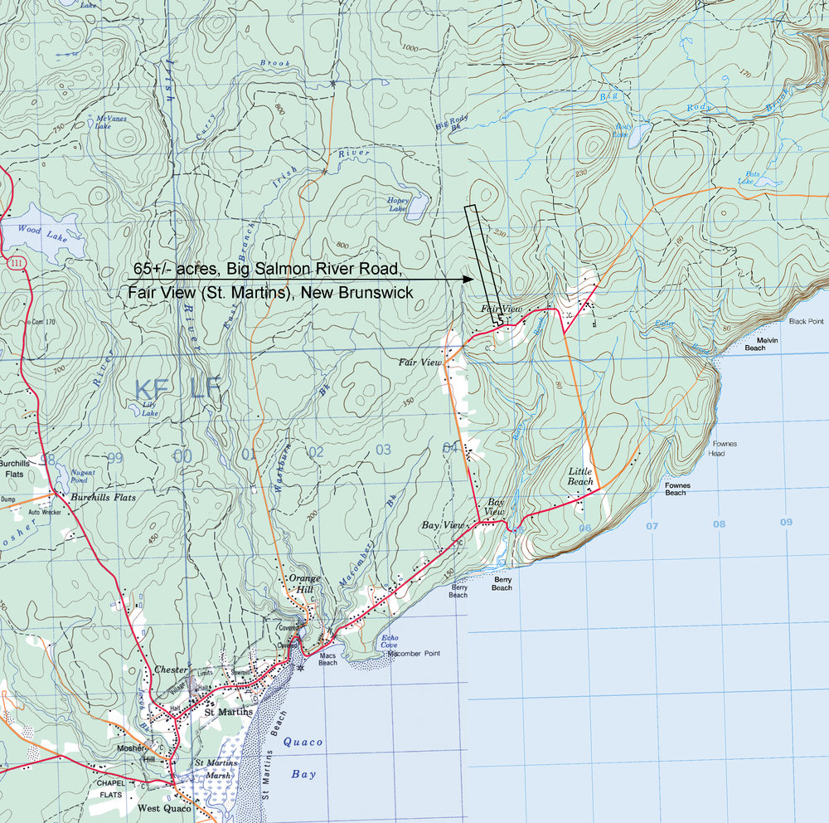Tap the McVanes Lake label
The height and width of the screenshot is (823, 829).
(x=110, y=123)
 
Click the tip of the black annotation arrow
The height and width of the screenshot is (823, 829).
(x=470, y=280)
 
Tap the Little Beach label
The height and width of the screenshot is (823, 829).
(x=580, y=476)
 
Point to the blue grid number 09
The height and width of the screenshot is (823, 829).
(x=786, y=522)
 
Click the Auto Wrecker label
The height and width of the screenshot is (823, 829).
(x=46, y=513)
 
